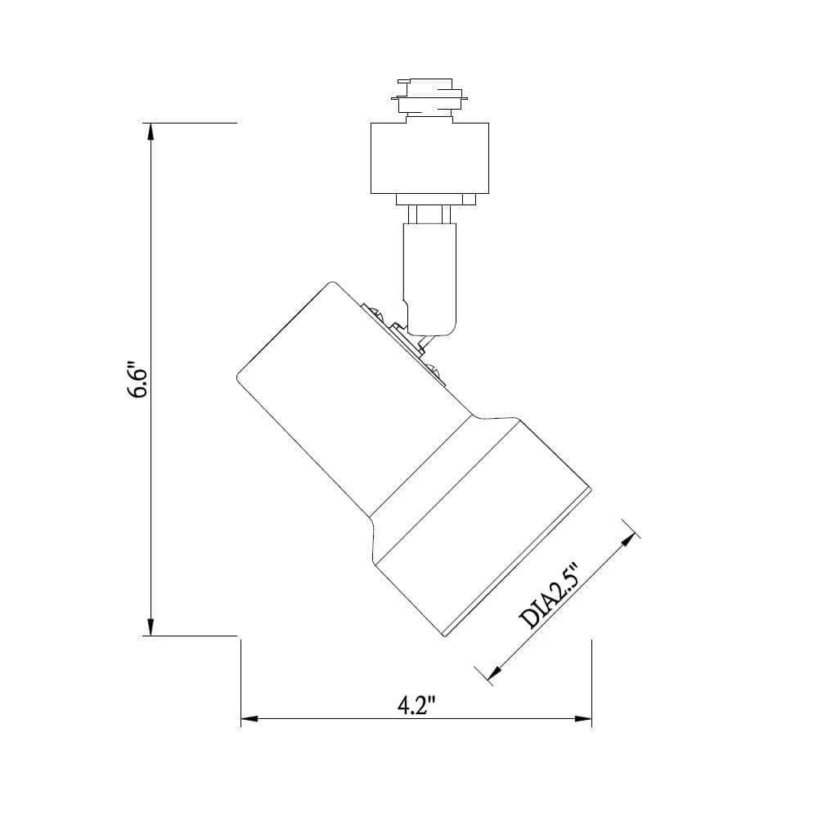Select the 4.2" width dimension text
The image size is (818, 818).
[416, 705]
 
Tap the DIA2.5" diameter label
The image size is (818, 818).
[550, 596]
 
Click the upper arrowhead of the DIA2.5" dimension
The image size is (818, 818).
[630, 541]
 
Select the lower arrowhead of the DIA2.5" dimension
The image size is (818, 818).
[493, 672]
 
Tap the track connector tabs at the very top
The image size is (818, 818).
[429, 96]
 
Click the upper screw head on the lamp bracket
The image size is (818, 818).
[375, 312]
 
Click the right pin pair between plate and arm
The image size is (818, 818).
[446, 213]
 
